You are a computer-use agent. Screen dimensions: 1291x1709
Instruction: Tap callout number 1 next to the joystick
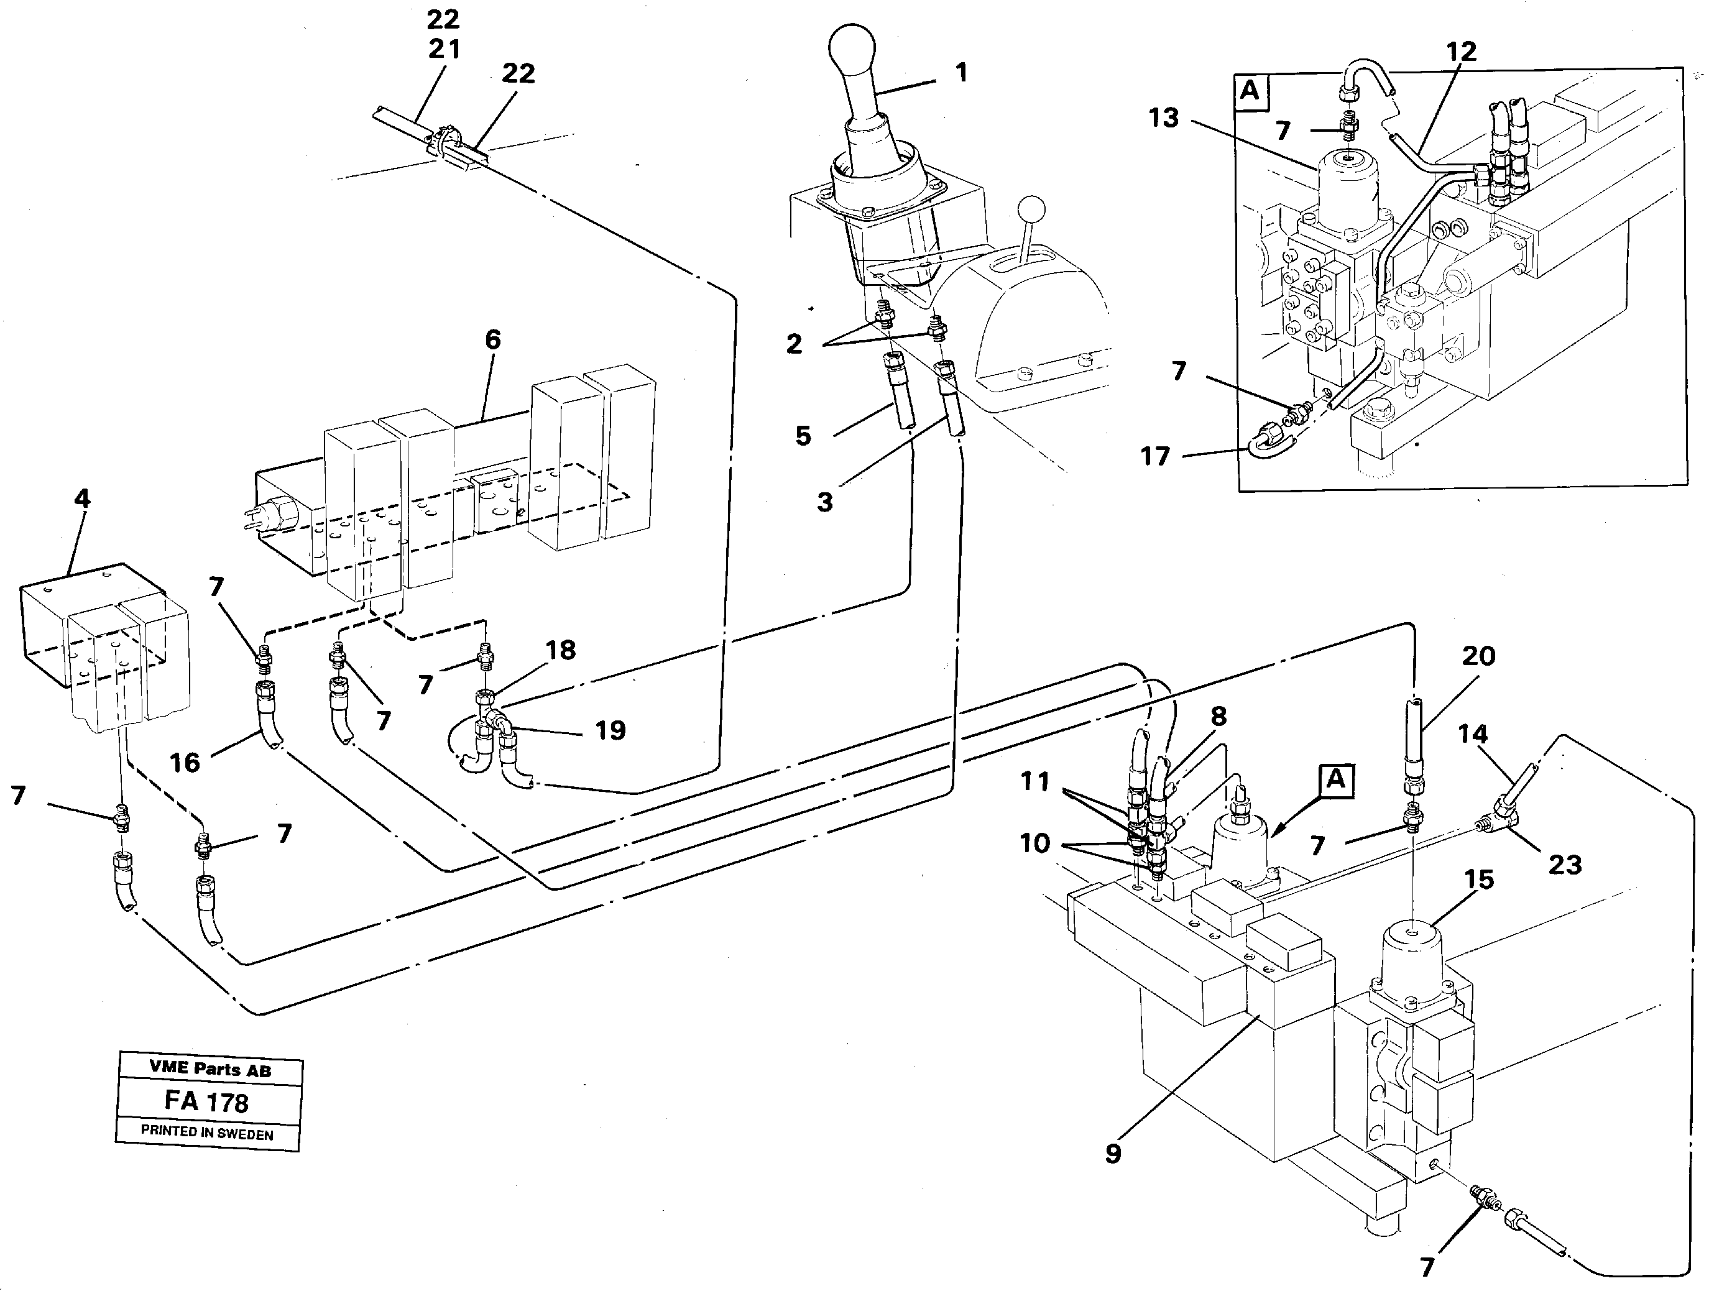pos(961,73)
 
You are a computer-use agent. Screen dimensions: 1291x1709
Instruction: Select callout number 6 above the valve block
pos(492,340)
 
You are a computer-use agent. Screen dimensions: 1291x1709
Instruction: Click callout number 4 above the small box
pos(82,498)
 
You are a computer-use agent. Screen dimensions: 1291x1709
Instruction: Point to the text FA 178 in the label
pos(206,1101)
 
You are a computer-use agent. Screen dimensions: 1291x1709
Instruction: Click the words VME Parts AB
pos(210,1069)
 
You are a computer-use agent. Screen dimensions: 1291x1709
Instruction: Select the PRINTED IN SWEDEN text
pos(206,1133)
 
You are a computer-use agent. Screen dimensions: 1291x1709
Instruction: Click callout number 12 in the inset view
pos(1461,52)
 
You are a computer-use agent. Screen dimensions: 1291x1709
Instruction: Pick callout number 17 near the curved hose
pos(1156,457)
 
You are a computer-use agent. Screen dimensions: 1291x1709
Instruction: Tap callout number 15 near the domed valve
pos(1479,879)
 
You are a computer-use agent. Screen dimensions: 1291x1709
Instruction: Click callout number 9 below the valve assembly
pos(1113,1175)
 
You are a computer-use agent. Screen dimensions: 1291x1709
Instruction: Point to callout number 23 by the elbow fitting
pos(1565,865)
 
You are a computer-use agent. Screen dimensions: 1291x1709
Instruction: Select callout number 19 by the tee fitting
pos(610,730)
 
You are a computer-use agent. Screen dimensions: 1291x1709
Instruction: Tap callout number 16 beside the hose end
pos(185,763)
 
